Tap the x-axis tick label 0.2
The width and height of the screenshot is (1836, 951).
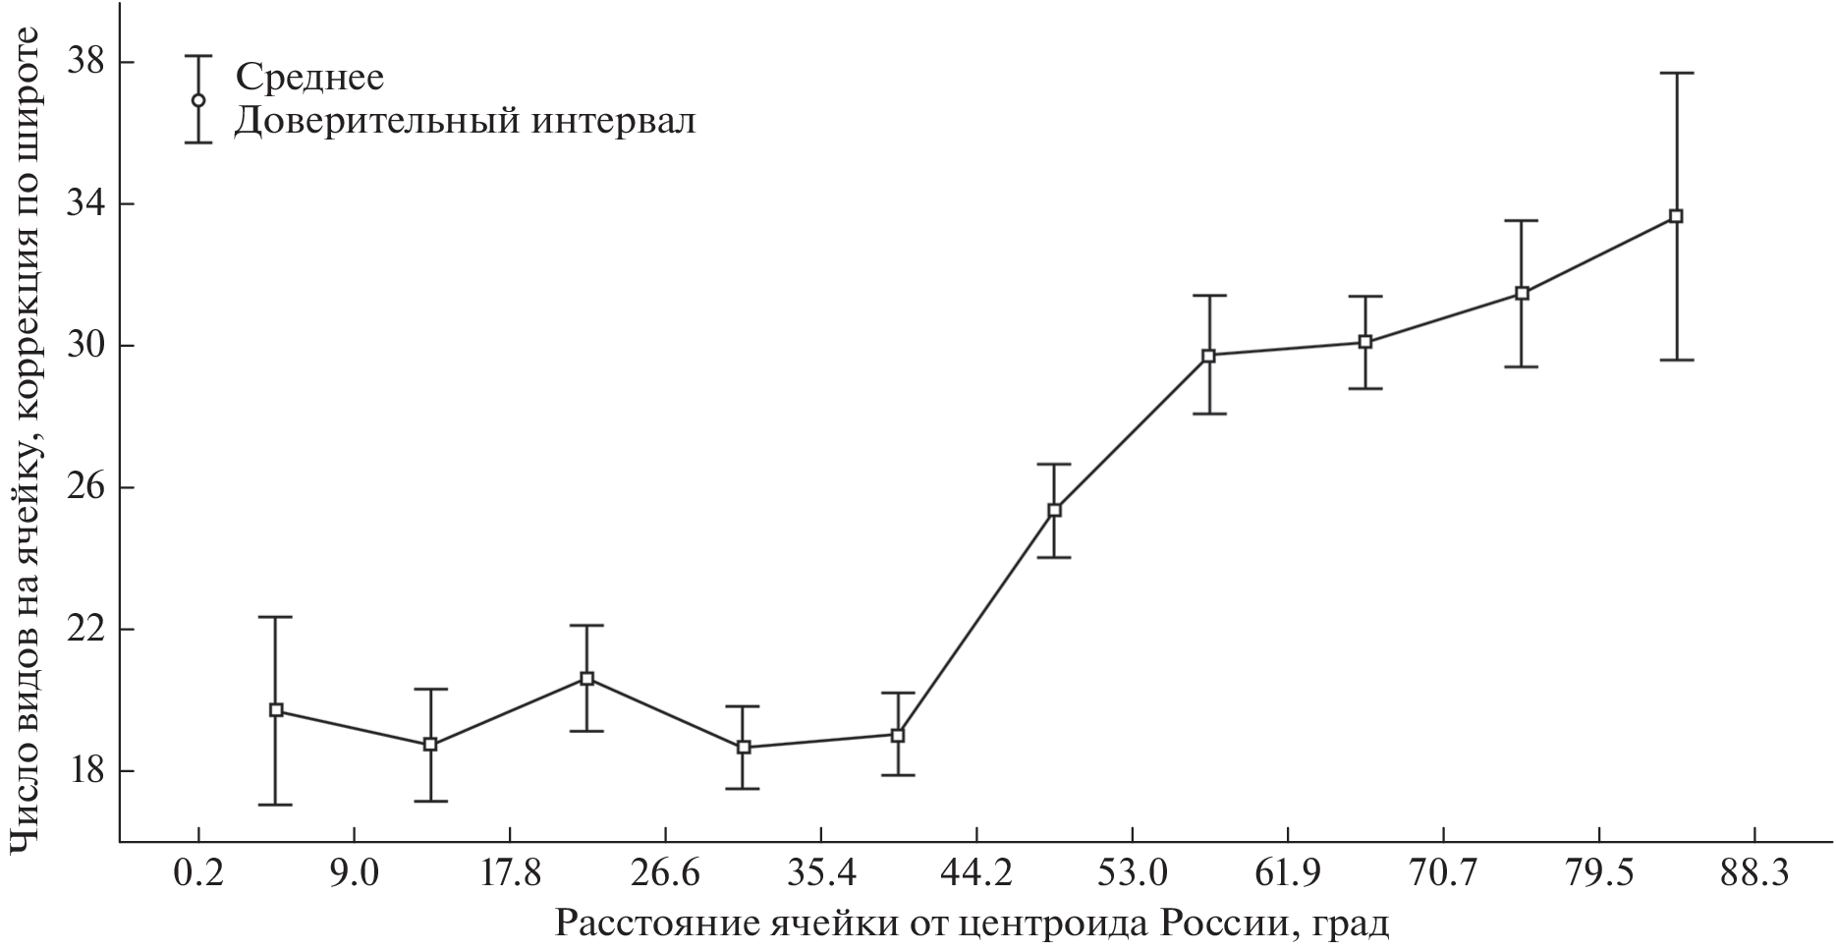tap(197, 873)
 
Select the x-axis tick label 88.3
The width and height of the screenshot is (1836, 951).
tap(1754, 873)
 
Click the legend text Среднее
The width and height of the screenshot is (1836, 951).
tap(308, 76)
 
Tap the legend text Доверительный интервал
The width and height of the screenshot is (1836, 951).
tap(465, 122)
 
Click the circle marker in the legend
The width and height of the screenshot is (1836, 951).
tap(198, 100)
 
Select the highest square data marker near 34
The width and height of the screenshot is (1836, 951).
tap(1676, 216)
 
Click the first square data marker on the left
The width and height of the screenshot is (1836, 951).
tap(276, 710)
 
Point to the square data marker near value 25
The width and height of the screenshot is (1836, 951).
tap(1054, 510)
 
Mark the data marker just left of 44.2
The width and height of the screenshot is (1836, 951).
tap(898, 735)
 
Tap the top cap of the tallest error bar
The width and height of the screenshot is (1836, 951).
tap(1676, 73)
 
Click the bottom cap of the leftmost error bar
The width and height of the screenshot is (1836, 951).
tap(276, 805)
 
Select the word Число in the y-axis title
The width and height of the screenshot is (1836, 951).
tap(27, 796)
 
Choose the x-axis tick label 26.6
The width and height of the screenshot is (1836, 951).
tap(665, 873)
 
